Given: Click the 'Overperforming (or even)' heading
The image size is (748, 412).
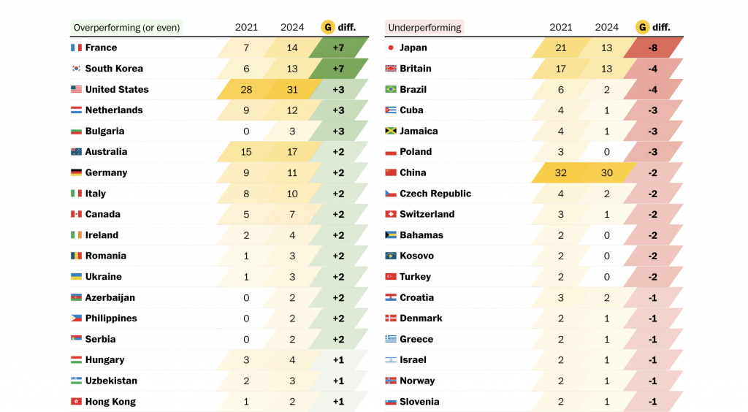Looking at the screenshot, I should point(127,28).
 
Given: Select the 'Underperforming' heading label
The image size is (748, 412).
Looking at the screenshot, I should point(424,28).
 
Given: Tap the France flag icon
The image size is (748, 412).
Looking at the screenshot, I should point(76,48).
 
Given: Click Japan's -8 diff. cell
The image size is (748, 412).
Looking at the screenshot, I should point(653,48).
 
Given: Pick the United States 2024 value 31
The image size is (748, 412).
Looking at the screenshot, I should point(292,90).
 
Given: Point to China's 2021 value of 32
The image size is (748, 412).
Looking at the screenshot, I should point(561,173).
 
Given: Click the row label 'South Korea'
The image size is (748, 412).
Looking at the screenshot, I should point(114,69).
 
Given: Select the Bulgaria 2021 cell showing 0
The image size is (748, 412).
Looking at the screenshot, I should point(246,131).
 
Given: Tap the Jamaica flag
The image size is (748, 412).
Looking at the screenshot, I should point(391,131).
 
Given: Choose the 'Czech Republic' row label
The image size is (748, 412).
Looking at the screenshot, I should point(435,194).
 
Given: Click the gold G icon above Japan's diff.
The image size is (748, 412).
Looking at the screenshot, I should point(643,28).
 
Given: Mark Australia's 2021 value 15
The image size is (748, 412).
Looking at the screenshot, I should point(246,152).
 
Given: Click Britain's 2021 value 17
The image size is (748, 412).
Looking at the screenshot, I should point(561,69).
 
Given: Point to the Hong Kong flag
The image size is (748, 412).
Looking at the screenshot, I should point(76,402).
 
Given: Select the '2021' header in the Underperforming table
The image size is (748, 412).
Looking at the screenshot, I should point(561,28).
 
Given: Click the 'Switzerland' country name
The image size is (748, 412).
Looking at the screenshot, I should point(427,215).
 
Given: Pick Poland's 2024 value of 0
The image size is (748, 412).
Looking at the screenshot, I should point(607,152).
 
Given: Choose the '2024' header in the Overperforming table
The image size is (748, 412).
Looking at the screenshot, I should point(292,28).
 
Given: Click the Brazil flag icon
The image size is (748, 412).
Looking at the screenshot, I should point(391,90).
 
